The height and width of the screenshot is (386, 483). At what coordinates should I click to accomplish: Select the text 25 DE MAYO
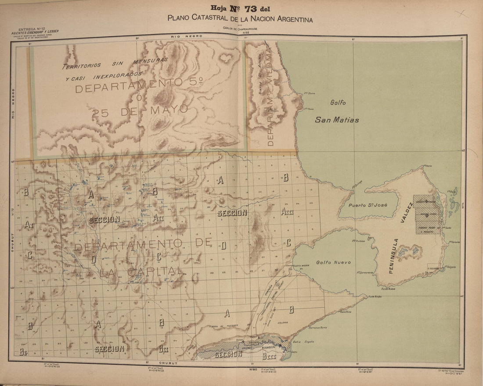pos(140,110)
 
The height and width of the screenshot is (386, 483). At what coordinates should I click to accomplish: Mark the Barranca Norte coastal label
pos(318,328)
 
